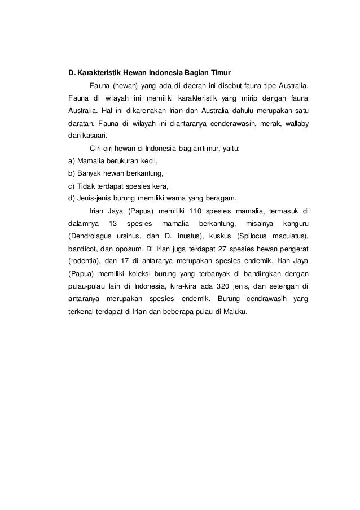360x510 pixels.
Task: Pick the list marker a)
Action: [x=72, y=160]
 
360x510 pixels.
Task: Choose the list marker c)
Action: [x=72, y=186]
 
